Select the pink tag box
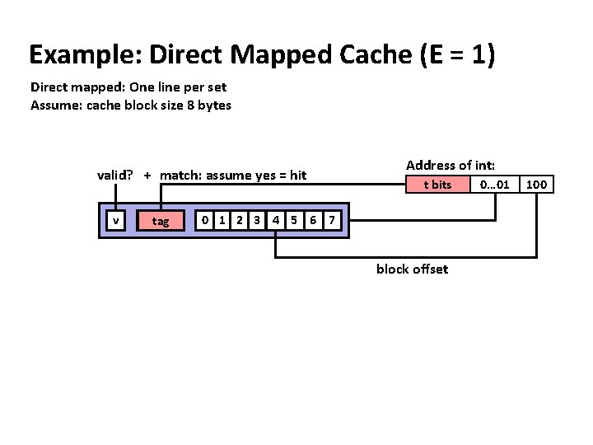[x=161, y=220]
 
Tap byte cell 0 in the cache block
[x=206, y=220]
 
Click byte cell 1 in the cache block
[x=222, y=220]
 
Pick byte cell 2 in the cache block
[x=240, y=220]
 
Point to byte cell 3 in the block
[x=257, y=220]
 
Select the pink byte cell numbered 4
[x=276, y=220]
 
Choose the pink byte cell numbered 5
[x=293, y=220]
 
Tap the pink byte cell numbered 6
[x=312, y=220]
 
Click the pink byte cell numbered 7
[x=330, y=220]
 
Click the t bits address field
[x=437, y=185]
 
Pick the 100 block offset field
[x=536, y=185]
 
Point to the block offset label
[x=412, y=269]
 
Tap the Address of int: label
[x=451, y=165]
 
